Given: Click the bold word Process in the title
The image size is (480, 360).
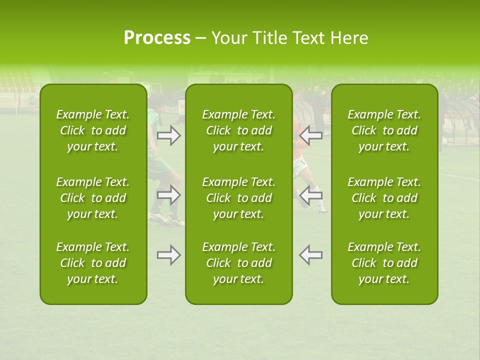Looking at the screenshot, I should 157,38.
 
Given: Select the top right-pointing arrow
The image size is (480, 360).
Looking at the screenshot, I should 169,135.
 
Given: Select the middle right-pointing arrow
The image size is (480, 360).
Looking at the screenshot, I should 169,195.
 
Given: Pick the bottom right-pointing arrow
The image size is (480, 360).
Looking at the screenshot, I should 169,255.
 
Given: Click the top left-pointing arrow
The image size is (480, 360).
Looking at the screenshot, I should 310,135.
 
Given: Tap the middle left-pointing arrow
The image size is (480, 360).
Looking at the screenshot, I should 310,195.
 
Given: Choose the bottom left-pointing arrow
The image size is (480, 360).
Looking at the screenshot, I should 310,255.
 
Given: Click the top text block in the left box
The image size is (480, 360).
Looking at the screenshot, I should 93,130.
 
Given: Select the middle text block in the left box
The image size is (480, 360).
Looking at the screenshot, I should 93,198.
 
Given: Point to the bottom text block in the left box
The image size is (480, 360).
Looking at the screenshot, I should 93,263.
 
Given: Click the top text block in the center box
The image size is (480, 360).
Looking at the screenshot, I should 239,130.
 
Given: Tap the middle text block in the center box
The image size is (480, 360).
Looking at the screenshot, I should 239,198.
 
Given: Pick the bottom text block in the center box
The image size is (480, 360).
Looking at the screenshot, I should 239,263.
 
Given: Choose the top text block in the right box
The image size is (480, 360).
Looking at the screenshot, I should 384,130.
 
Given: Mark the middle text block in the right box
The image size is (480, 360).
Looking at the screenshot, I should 384,198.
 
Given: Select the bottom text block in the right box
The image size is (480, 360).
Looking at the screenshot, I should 384,263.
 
